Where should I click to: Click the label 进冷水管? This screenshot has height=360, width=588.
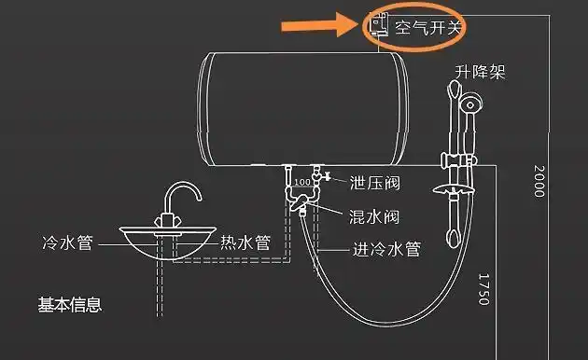pyautogui.click(x=386, y=250)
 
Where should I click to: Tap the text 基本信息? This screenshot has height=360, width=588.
pyautogui.click(x=69, y=304)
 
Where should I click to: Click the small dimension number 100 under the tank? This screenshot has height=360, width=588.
pyautogui.click(x=301, y=181)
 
